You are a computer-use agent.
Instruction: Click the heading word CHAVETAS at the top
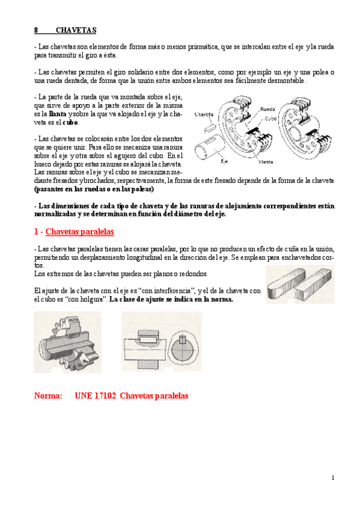[x=76, y=30]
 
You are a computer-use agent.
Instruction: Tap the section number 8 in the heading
[x=36, y=30]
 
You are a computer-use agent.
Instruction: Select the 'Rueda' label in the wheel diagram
[x=268, y=109]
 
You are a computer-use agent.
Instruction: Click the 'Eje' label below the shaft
[x=224, y=161]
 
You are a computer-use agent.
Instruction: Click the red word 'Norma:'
[x=48, y=396]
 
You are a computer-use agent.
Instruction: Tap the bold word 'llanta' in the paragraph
[x=58, y=113]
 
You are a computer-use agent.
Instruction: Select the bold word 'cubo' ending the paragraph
[x=70, y=122]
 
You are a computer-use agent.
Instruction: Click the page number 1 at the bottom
[x=332, y=478]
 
